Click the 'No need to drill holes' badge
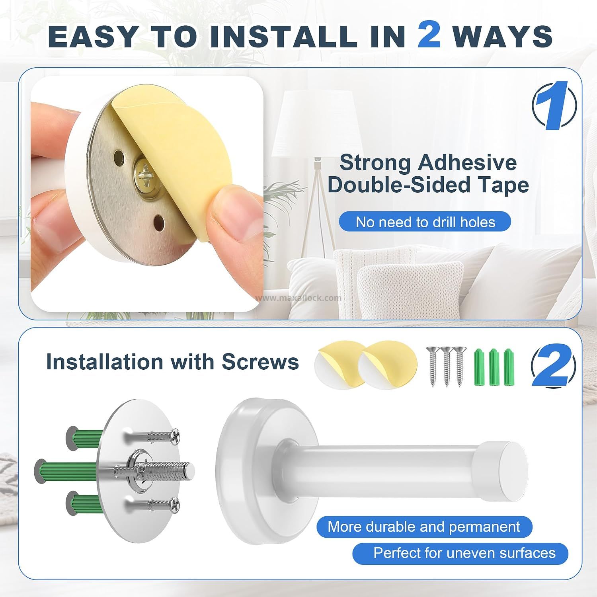[x=425, y=222]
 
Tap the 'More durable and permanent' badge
[x=424, y=527]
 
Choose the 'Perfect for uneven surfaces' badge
[x=460, y=553]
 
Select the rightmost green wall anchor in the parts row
[x=509, y=367]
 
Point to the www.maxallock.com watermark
[x=298, y=298]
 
